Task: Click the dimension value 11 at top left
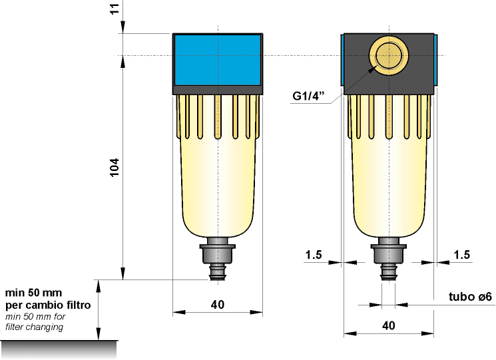(x=115, y=9)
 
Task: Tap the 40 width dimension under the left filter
(x=217, y=304)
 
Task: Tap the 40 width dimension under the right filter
(x=389, y=326)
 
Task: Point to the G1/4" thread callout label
(x=308, y=96)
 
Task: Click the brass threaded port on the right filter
(x=387, y=56)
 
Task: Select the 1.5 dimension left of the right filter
(x=314, y=255)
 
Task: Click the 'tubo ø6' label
(x=470, y=297)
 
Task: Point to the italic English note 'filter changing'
(x=35, y=327)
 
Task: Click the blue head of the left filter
(x=217, y=60)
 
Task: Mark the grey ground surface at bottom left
(x=59, y=348)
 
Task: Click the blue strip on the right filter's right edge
(x=435, y=60)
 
